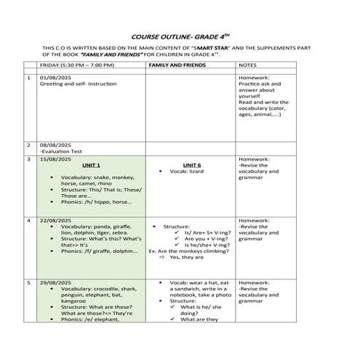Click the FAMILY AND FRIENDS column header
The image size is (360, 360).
click(x=177, y=65)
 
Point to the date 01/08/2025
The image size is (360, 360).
click(x=55, y=77)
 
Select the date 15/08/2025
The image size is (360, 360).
click(x=55, y=159)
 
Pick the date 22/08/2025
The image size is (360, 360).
click(x=55, y=219)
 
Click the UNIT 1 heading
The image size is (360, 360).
click(x=92, y=166)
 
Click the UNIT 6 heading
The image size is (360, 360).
click(x=192, y=166)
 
